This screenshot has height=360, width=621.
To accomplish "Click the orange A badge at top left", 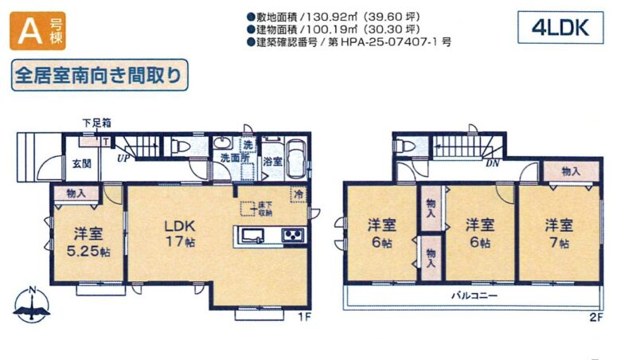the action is pyautogui.click(x=37, y=31).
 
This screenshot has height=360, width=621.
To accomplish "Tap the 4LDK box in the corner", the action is pyautogui.click(x=560, y=27).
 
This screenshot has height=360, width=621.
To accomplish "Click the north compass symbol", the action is pyautogui.click(x=32, y=304).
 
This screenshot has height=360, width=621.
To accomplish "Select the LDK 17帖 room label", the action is pyautogui.click(x=180, y=233).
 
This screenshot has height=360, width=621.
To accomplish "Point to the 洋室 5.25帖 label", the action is pyautogui.click(x=88, y=242).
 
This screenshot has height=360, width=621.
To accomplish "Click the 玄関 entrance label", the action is pyautogui.click(x=82, y=163).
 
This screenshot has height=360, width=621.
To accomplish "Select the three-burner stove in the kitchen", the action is pyautogui.click(x=294, y=236).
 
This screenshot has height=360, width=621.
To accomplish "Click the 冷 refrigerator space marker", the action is pyautogui.click(x=299, y=194).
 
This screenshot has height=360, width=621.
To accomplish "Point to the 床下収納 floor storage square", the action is pyautogui.click(x=248, y=209).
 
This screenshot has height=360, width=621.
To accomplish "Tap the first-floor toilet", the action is pyautogui.click(x=179, y=147).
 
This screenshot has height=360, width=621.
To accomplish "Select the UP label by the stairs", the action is pyautogui.click(x=123, y=158).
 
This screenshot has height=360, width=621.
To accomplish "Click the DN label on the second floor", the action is pyautogui.click(x=493, y=162).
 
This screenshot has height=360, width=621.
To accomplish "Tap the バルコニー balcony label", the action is pyautogui.click(x=474, y=295).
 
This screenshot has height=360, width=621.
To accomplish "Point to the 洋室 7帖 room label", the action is pyautogui.click(x=559, y=233).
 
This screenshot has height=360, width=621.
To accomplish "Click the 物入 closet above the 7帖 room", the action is pyautogui.click(x=571, y=171).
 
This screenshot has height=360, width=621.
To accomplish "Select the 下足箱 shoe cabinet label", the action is pyautogui.click(x=96, y=123).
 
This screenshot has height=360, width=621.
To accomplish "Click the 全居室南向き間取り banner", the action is pyautogui.click(x=100, y=75).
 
